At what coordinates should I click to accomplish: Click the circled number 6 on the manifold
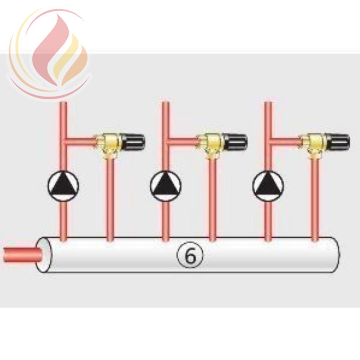coord(190,255)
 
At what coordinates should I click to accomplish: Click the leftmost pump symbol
coord(63,185)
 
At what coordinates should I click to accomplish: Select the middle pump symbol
coord(166,185)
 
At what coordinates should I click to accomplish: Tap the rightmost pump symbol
coord(268,185)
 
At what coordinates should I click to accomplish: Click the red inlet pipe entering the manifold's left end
coord(22,255)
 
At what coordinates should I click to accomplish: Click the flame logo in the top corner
coord(49,54)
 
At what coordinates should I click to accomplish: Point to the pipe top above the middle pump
coord(166,103)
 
